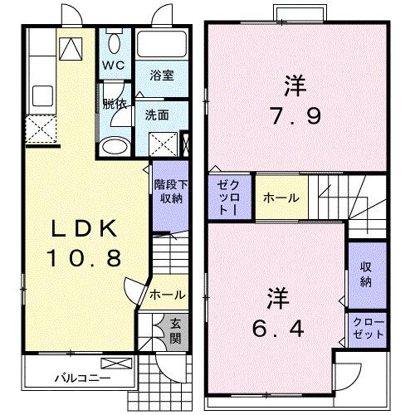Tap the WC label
[x=113, y=66]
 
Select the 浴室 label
[x=163, y=74]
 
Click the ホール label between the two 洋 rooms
[x=276, y=199]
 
